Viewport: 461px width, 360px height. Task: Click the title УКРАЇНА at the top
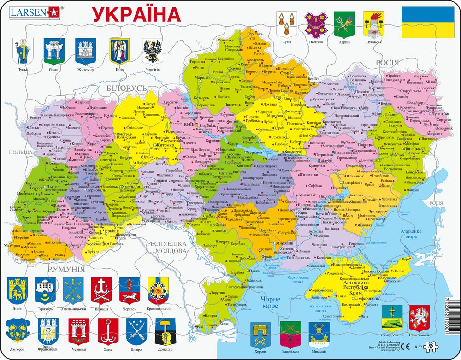click(137, 14)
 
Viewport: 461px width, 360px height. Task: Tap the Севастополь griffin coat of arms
click(419, 317)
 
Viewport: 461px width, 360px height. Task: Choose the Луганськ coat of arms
click(372, 24)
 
